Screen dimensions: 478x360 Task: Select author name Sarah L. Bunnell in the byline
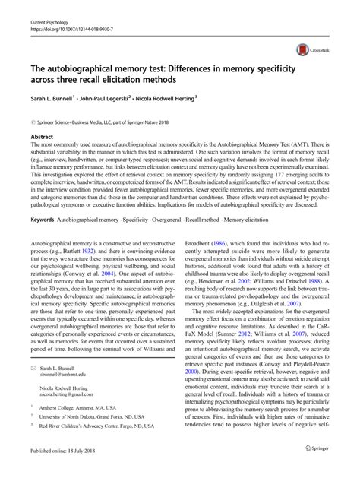click(55, 98)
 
